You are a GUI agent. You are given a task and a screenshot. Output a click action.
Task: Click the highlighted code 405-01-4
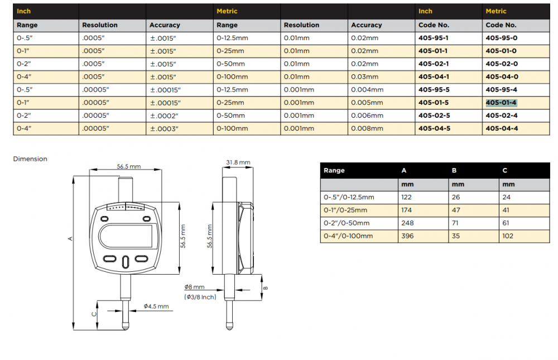(x=501, y=103)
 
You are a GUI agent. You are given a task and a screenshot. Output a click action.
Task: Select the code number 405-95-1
(x=433, y=38)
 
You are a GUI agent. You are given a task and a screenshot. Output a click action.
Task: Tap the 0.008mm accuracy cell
(x=367, y=128)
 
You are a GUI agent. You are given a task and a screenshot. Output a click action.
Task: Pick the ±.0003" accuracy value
(x=163, y=128)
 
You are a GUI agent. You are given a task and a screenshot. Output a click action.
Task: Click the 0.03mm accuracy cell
(x=364, y=77)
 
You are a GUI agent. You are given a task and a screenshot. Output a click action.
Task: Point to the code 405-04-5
(x=434, y=128)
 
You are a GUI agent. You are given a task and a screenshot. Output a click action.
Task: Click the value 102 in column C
(x=508, y=236)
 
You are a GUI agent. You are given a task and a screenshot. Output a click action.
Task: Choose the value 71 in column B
(x=455, y=223)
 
